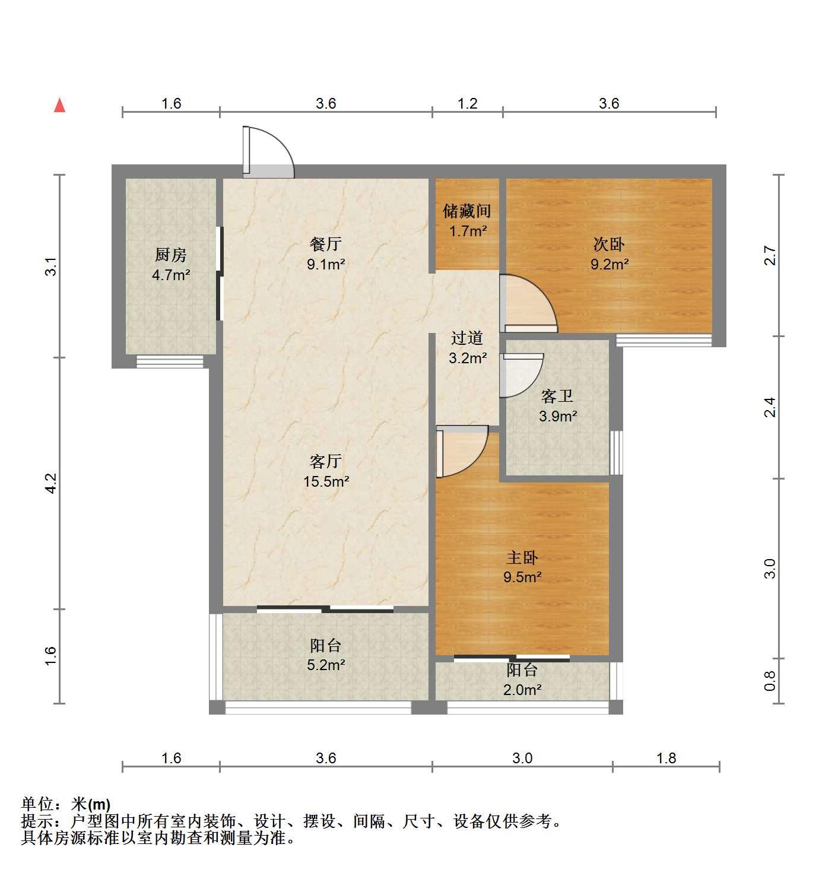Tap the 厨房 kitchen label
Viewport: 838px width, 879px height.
pos(170,255)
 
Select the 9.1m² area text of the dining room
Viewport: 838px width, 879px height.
pos(326,264)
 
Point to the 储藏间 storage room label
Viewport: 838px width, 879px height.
pos(467,211)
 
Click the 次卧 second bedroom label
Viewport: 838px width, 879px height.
pos(608,244)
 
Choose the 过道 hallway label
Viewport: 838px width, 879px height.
pos(467,338)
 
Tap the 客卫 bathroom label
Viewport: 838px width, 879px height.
pos(557,396)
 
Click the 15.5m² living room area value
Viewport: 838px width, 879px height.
pos(326,481)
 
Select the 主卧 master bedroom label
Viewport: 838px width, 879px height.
pos(522,557)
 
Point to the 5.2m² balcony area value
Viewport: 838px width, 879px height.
pos(326,665)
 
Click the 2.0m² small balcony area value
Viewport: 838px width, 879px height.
pos(522,690)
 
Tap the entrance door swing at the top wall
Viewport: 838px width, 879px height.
pos(268,153)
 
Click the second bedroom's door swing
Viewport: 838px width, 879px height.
pos(528,303)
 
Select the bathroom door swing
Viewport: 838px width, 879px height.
pos(522,376)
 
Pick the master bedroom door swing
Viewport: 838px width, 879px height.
pos(462,452)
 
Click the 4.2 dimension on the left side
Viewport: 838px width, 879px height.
pos(51,483)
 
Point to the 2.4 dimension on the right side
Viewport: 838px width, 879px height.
pos(770,407)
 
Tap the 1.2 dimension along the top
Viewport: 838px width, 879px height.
pos(467,103)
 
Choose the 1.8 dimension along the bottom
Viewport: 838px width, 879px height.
pos(666,758)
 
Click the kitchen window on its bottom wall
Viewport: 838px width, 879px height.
pos(170,361)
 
